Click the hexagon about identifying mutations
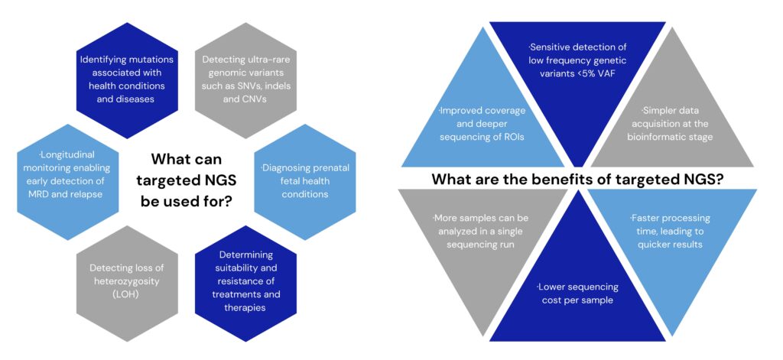(126, 79)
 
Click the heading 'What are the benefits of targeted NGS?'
(579, 180)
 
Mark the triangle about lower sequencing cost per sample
(578, 294)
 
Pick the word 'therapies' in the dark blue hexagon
(239, 308)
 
